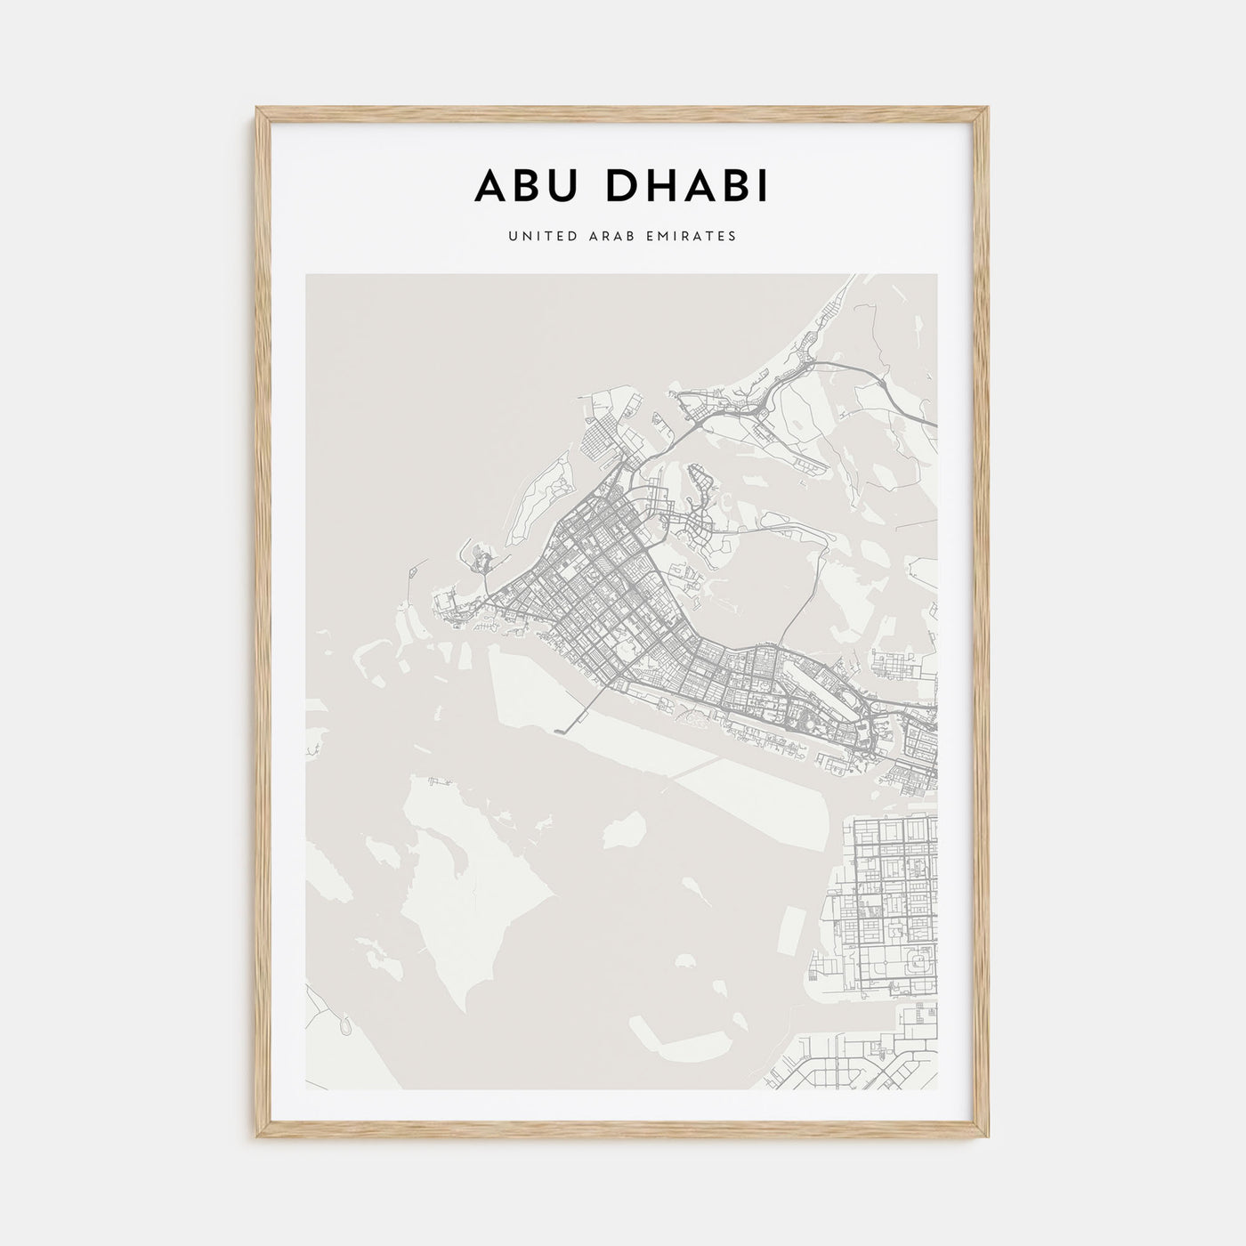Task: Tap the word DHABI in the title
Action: (684, 186)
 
